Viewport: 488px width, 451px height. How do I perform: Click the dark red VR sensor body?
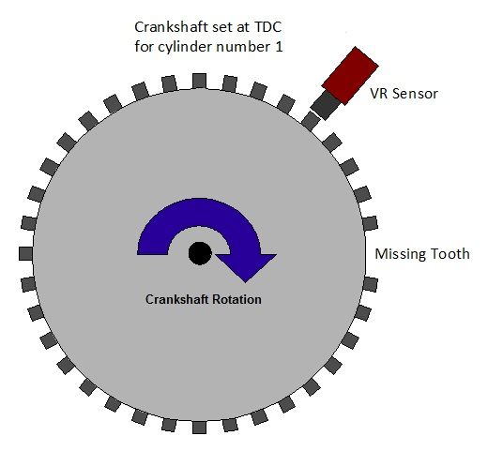click(x=350, y=76)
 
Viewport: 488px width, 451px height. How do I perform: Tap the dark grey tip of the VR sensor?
click(x=326, y=105)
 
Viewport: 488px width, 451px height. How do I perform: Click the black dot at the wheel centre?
click(x=200, y=253)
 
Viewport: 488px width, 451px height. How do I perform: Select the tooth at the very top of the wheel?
click(x=199, y=82)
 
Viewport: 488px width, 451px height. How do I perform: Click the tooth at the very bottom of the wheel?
click(x=199, y=427)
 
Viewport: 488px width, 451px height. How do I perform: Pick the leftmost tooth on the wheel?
click(x=25, y=253)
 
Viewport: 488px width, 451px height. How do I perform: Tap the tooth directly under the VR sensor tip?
click(x=311, y=121)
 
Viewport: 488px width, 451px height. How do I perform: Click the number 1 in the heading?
click(x=280, y=47)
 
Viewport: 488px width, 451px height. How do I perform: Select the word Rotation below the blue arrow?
click(x=236, y=299)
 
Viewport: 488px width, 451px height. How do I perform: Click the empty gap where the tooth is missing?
click(x=370, y=253)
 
